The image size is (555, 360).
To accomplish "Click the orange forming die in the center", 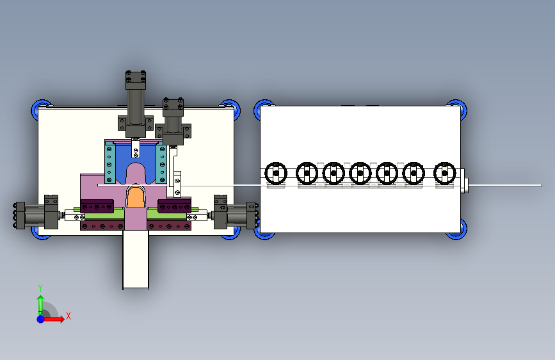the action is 135,197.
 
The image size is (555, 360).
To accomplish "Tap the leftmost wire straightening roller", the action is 276,173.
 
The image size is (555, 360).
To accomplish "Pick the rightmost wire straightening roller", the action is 444,173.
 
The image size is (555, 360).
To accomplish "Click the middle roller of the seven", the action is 360,173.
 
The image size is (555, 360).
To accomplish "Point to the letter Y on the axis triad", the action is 40,288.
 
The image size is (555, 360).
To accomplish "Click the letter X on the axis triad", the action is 68,316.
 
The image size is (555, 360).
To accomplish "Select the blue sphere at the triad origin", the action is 41,319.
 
